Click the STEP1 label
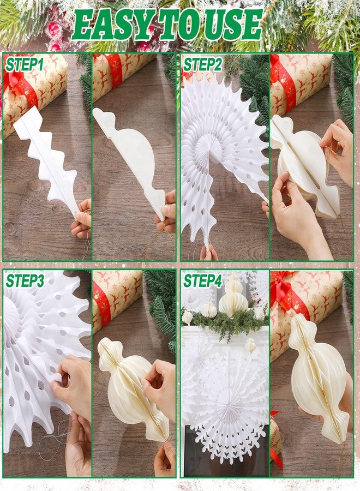25,65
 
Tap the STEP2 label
202,65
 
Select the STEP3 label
25,281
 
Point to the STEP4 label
202,281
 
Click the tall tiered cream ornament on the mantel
233,296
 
